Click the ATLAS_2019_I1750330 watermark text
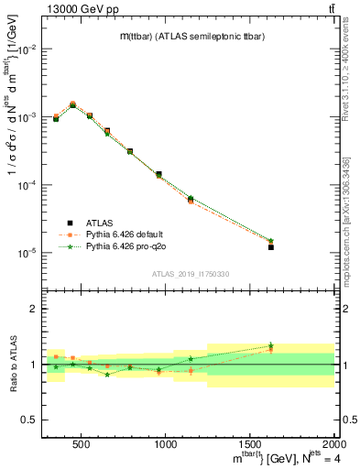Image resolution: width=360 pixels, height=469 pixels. (x=190, y=274)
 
